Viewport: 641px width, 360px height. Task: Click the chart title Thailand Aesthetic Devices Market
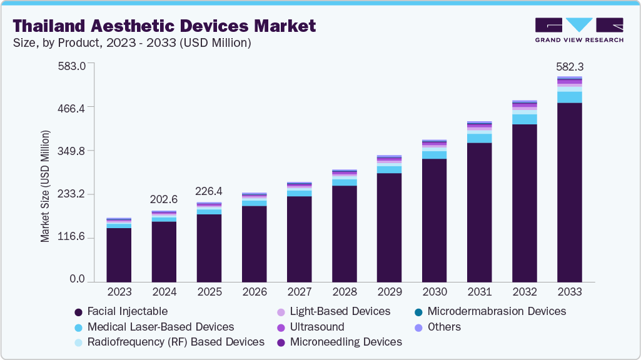(164, 26)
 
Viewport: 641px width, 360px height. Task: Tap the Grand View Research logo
(579, 30)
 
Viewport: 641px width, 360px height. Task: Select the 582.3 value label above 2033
(570, 66)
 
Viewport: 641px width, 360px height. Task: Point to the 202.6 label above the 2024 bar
(164, 200)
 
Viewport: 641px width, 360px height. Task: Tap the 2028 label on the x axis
(344, 292)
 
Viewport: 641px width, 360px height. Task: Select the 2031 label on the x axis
(480, 292)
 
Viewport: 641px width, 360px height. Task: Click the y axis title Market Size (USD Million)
(45, 186)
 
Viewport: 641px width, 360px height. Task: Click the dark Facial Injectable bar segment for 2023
(119, 255)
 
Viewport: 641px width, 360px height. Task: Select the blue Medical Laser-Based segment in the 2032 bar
(525, 119)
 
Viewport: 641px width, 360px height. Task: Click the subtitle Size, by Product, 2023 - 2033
(132, 42)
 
